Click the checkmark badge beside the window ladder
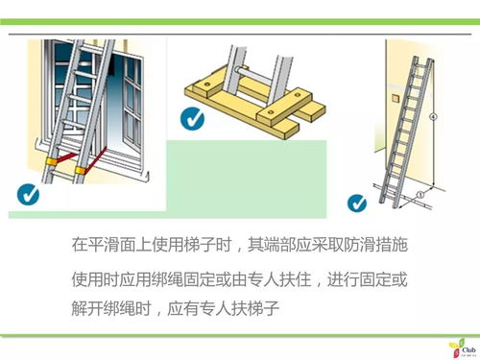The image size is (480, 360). [x=28, y=194]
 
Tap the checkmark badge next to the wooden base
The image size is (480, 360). [x=192, y=119]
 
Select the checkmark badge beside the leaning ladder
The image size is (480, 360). [x=357, y=204]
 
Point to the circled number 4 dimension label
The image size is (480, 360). [x=433, y=117]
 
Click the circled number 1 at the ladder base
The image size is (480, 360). [x=420, y=194]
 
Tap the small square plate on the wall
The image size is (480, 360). [x=395, y=98]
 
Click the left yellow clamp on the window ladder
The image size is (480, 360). [x=51, y=161]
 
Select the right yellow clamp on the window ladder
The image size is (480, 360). [x=81, y=170]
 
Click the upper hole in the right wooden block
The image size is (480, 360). [x=299, y=95]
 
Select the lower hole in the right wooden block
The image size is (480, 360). [x=272, y=112]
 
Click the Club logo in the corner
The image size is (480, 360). [x=463, y=348]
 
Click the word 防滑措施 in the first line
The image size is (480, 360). [x=375, y=245]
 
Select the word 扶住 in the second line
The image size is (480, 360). [x=295, y=279]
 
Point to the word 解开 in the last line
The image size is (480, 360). [x=87, y=308]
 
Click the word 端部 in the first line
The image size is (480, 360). [x=279, y=245]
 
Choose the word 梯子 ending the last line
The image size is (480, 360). [x=263, y=308]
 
